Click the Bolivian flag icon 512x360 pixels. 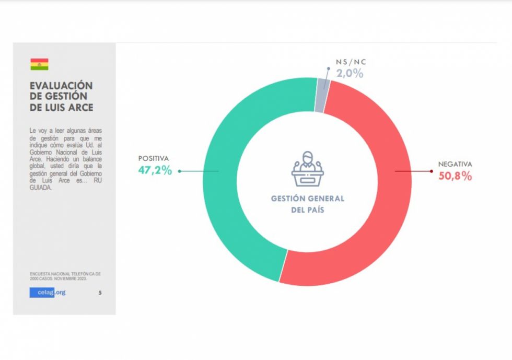tap(40, 64)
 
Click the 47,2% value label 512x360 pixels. tap(155, 170)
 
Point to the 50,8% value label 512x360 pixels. tap(455, 176)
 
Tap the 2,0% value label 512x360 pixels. tap(350, 74)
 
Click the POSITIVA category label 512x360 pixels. tap(154, 158)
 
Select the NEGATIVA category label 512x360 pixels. tap(455, 164)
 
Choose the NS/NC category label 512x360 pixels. tap(351, 62)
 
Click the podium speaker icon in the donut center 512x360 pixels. tap(307, 169)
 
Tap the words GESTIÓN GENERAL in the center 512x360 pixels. tap(308, 199)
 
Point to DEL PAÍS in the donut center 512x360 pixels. tap(308, 210)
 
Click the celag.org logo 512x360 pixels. tap(48, 293)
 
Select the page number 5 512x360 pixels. tap(100, 293)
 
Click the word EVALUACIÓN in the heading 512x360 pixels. tap(61, 86)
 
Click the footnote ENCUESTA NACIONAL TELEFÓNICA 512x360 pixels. tap(65, 274)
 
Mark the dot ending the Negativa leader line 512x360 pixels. tap(432, 171)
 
